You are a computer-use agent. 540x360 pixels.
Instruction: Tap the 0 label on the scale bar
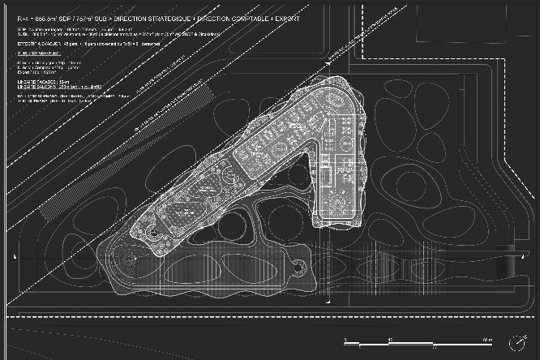click(345, 339)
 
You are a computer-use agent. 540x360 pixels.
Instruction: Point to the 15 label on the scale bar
click(391, 339)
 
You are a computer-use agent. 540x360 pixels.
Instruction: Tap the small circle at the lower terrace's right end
click(302, 262)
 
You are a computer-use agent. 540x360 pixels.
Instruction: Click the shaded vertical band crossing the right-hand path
click(511, 264)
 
